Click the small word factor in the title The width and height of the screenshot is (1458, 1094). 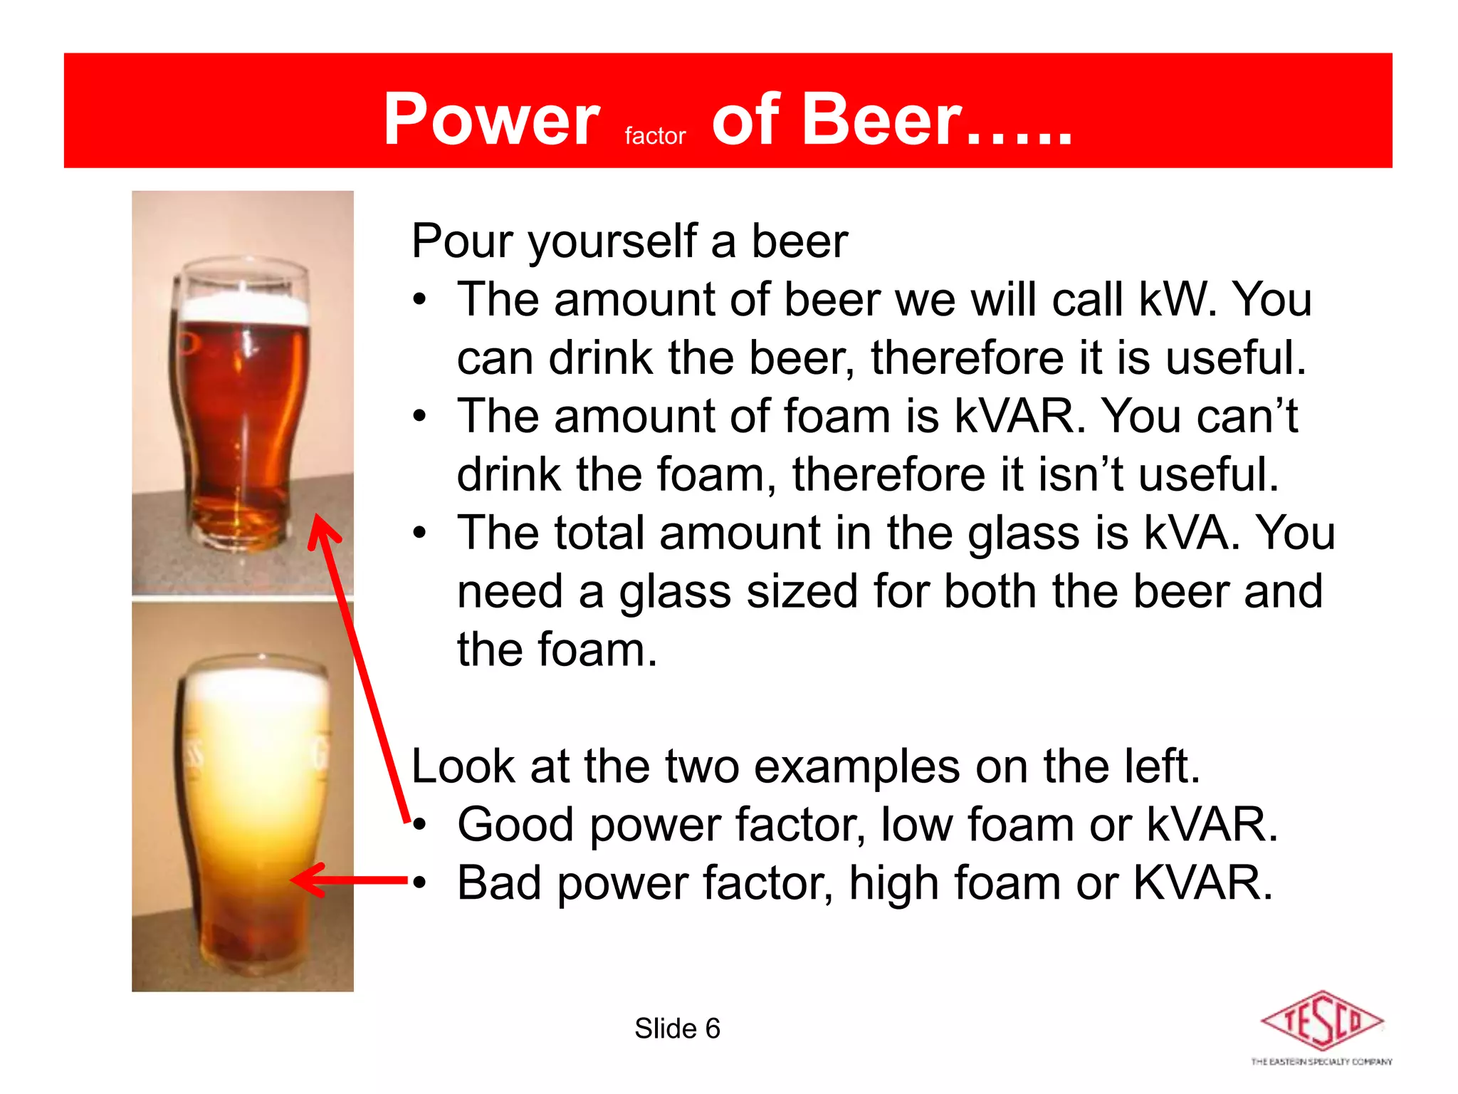[x=655, y=135]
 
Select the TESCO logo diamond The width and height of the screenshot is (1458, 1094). [x=1321, y=1021]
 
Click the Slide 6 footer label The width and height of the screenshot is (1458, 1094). [x=677, y=1028]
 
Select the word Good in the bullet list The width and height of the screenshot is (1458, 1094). [x=515, y=825]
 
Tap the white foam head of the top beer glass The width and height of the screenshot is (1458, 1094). [x=244, y=308]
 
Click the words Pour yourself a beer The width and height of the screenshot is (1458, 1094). [x=629, y=241]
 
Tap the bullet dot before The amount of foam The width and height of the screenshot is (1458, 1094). [x=421, y=416]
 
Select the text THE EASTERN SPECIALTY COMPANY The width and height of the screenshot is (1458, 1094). [x=1321, y=1062]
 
